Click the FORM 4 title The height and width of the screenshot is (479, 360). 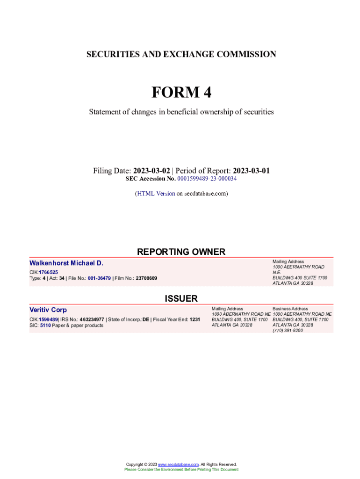pyautogui.click(x=181, y=93)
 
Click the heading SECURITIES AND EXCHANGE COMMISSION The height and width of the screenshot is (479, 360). pyautogui.click(x=181, y=55)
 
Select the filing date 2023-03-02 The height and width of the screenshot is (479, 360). pyautogui.click(x=151, y=171)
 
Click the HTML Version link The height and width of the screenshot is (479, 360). pyautogui.click(x=156, y=193)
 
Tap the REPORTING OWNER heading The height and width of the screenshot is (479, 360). pyautogui.click(x=181, y=252)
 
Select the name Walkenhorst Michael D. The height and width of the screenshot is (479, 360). pyautogui.click(x=66, y=263)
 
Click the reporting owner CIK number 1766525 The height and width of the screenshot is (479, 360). pyautogui.click(x=48, y=272)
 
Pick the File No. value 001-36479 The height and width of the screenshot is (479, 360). pyautogui.click(x=99, y=278)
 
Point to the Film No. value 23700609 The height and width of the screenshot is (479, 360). pyautogui.click(x=146, y=278)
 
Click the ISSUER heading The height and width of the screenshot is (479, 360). pyautogui.click(x=181, y=298)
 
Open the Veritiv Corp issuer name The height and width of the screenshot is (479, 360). pyautogui.click(x=48, y=310)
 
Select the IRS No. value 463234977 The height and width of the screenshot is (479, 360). pyautogui.click(x=92, y=319)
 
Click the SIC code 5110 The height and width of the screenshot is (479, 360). pyautogui.click(x=45, y=326)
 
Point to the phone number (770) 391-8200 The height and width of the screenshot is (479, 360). pyautogui.click(x=288, y=330)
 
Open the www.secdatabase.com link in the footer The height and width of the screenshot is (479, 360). pyautogui.click(x=179, y=464)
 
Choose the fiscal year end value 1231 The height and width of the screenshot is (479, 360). pyautogui.click(x=194, y=319)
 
